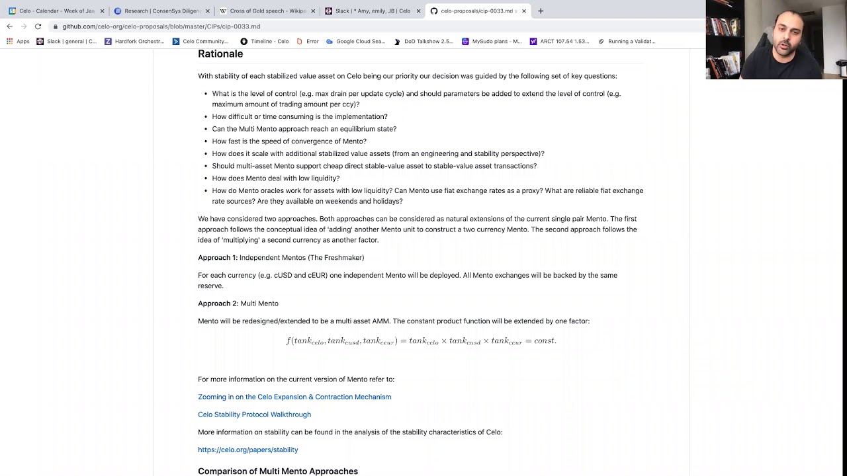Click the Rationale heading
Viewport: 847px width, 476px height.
coord(220,54)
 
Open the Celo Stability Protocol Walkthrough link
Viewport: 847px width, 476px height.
coord(254,415)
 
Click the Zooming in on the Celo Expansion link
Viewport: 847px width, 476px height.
coord(294,397)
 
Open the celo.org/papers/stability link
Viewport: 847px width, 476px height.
coord(247,450)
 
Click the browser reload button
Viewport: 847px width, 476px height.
coord(38,26)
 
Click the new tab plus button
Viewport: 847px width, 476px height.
coord(541,11)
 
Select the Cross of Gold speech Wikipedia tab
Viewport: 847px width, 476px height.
coord(265,11)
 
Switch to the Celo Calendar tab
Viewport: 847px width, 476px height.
coord(56,11)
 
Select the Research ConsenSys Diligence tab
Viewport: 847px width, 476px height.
coord(159,11)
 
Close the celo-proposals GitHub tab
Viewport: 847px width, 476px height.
coord(524,11)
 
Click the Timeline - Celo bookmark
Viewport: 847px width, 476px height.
coord(265,41)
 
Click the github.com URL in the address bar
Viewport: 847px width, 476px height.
coord(161,26)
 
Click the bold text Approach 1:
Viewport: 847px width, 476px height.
coord(217,258)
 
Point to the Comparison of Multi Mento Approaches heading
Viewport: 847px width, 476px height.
coord(278,471)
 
